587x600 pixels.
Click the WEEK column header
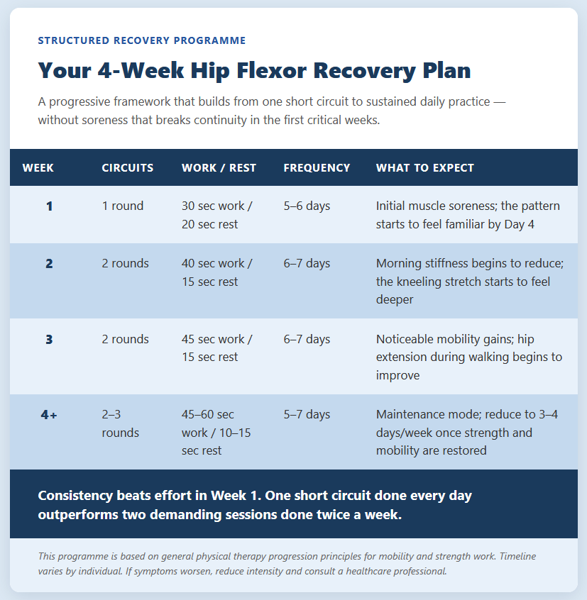tap(38, 167)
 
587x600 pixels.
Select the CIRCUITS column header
tap(128, 167)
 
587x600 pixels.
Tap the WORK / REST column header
tap(219, 167)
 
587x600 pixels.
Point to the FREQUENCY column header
tap(317, 167)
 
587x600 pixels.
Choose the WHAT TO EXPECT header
tap(425, 167)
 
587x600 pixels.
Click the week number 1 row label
tap(50, 206)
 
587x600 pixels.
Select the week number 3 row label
tap(49, 340)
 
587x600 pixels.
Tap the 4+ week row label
tap(49, 415)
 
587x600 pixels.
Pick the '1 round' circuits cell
tap(123, 206)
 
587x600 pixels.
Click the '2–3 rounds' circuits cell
tap(120, 423)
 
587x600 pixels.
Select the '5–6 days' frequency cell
tap(307, 206)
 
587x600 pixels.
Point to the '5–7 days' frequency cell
tap(307, 414)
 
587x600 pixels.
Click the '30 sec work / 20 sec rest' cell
tap(216, 215)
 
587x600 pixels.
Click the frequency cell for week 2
tap(307, 263)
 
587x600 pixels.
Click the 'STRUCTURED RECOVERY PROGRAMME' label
tap(142, 40)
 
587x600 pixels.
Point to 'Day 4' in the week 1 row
tap(520, 224)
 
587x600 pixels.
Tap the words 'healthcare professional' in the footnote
tap(396, 572)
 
